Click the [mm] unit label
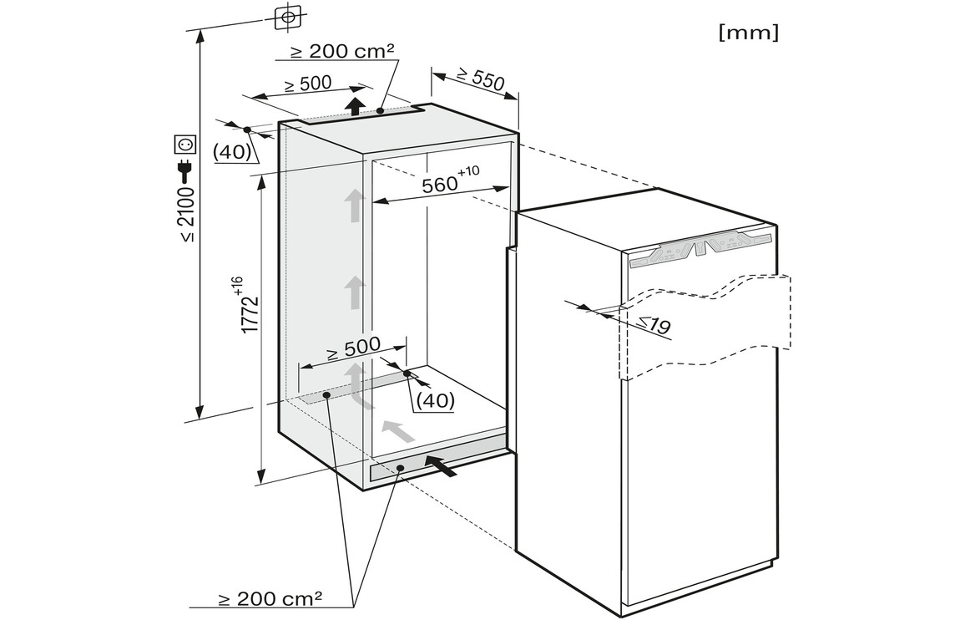[748, 32]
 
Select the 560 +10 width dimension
[450, 180]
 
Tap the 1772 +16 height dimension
[245, 305]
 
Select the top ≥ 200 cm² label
[342, 51]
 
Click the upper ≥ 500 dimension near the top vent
[308, 84]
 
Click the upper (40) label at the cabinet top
[232, 151]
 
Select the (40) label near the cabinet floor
[435, 400]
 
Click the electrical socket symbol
[186, 145]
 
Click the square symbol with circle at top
[286, 18]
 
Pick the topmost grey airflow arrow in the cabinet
[355, 206]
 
